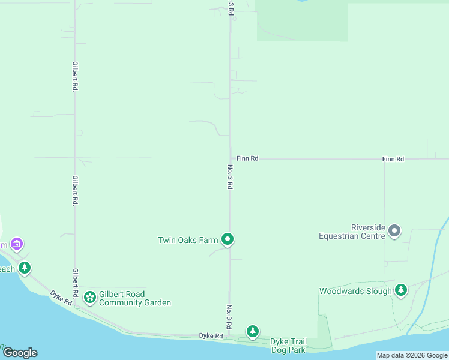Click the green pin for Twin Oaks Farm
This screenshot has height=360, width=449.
(x=228, y=240)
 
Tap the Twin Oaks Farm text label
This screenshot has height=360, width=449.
(x=188, y=241)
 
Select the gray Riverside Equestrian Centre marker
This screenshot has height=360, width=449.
(x=394, y=230)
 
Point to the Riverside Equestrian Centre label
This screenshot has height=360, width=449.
(x=352, y=232)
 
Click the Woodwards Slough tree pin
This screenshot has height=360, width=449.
(x=401, y=290)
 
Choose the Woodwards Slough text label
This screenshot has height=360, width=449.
(x=355, y=292)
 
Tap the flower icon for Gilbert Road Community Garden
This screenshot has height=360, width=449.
(x=90, y=296)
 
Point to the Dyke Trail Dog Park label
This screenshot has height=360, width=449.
(x=288, y=345)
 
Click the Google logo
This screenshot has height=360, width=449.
(x=20, y=353)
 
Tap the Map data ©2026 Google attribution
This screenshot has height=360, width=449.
(x=412, y=355)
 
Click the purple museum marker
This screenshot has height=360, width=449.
(x=17, y=244)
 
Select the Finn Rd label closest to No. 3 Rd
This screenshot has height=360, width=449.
(x=247, y=158)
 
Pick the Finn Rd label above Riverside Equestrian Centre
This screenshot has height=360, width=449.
(x=393, y=159)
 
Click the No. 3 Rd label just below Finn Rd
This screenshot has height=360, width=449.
(x=229, y=177)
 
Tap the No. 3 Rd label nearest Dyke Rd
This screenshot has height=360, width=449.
(x=229, y=316)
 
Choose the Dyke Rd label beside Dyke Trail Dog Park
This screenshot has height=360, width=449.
(x=211, y=336)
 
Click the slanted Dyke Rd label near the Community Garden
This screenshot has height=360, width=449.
(x=61, y=298)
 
